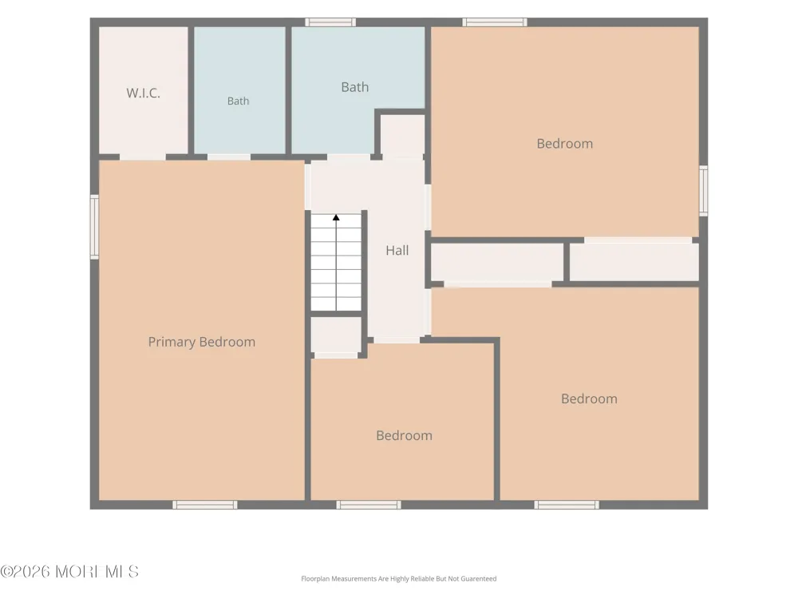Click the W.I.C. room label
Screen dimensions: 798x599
tap(143, 93)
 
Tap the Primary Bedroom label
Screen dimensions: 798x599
tap(202, 342)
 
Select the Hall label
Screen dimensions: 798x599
tap(397, 250)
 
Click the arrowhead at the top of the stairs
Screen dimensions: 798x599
tap(336, 217)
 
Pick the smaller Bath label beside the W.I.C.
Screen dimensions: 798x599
tap(238, 101)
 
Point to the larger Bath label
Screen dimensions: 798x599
tap(355, 87)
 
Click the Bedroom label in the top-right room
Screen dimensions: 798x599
tap(565, 144)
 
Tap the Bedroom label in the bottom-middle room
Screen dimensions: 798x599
tap(404, 435)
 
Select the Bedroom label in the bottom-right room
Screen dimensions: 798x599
tap(590, 399)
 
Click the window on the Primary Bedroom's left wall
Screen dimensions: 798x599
tap(95, 227)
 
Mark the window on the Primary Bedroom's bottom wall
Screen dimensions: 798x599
tap(204, 505)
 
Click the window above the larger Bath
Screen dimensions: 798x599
tap(330, 22)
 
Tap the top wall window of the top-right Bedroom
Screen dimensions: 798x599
tap(495, 22)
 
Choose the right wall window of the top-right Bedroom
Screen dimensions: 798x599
tap(703, 191)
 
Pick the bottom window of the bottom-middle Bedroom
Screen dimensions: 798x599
tap(369, 505)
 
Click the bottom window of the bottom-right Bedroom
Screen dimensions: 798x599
tap(567, 505)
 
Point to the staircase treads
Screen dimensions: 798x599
tap(336, 262)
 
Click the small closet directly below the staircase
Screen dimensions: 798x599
tap(336, 335)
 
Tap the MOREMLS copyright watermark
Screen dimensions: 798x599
tap(69, 572)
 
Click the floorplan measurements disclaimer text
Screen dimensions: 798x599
tap(398, 578)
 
